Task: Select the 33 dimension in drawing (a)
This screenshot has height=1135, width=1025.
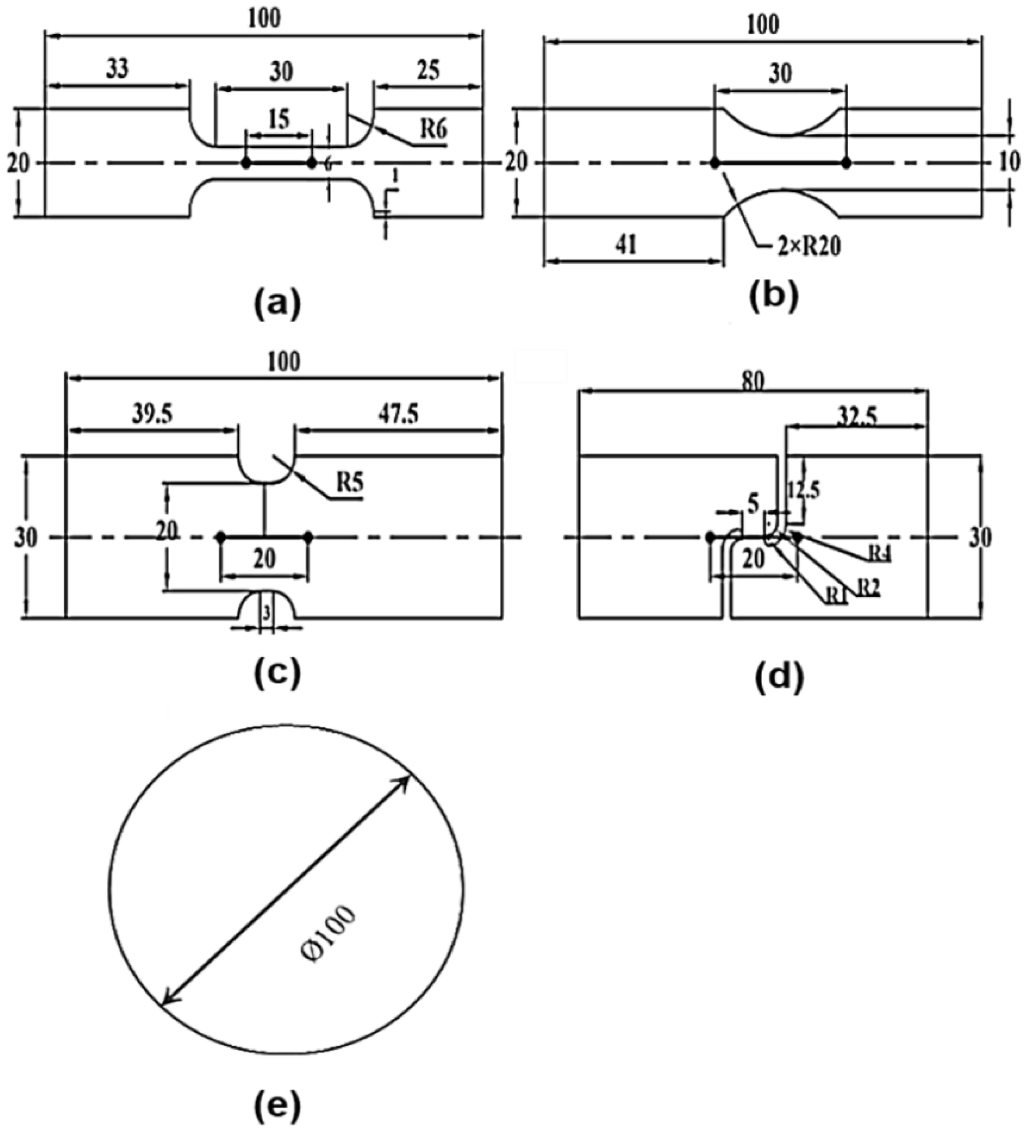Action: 118,69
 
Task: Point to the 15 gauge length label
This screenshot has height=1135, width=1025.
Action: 279,119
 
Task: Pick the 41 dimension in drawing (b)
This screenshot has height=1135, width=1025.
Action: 626,245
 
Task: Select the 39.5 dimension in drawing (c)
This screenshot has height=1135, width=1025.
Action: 153,415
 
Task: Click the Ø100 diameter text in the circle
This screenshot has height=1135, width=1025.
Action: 329,935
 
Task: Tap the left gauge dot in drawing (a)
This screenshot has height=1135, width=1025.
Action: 246,163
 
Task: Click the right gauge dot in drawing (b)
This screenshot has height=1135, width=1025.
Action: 846,163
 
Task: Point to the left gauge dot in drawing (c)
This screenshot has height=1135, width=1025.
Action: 221,537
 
